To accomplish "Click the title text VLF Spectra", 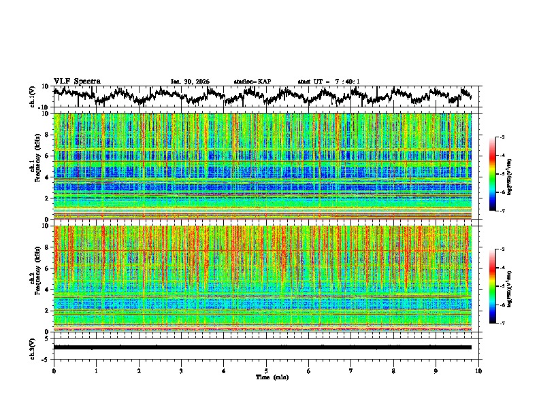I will pos(77,81).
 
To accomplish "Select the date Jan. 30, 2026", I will pos(190,82).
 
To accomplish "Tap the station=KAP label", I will pos(252,82).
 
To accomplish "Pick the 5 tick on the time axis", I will pos(266,370).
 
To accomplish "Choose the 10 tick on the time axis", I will pos(478,370).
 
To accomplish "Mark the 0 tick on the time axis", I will pos(54,370).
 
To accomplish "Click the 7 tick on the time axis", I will pos(351,370).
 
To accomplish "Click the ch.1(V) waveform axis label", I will pos(33,97).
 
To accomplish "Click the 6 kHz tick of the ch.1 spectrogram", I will pos(48,156).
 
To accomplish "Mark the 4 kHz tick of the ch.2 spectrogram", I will pos(48,289).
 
